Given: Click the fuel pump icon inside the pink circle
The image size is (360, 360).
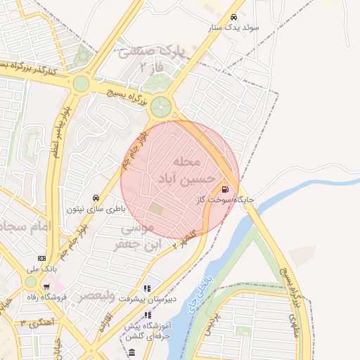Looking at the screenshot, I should click(225, 188).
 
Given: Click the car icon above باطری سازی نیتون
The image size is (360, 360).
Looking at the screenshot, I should click(96, 198).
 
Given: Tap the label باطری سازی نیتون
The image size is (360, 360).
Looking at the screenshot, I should click(96, 209).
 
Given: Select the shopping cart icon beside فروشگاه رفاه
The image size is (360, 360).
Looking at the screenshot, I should click(46, 287).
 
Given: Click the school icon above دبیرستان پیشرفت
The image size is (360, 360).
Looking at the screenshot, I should click(147, 288).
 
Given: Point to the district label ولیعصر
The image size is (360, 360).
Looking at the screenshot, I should click(96, 295).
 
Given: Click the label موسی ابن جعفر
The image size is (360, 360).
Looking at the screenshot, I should click(138, 236).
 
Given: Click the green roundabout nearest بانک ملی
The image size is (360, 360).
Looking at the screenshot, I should click(30, 281).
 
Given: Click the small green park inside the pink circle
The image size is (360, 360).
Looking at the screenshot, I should click(155, 209).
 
